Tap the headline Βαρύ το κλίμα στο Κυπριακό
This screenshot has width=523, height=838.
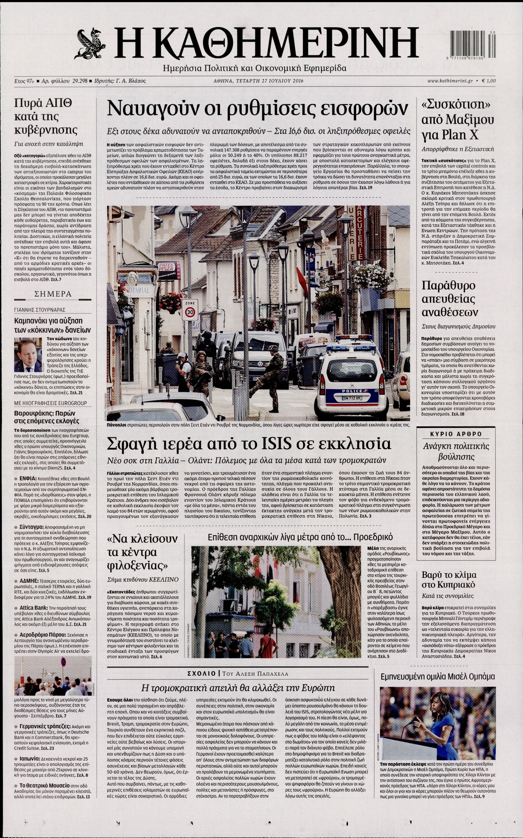pyautogui.click(x=449, y=580)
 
